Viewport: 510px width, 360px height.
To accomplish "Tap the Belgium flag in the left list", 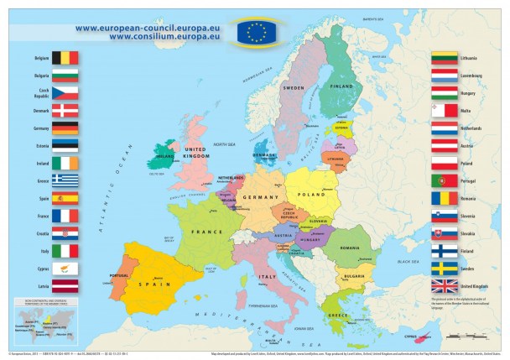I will pyautogui.click(x=65, y=58).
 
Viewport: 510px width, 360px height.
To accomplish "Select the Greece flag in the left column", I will pyautogui.click(x=65, y=180).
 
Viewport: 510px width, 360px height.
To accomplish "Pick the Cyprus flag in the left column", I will pyautogui.click(x=65, y=269).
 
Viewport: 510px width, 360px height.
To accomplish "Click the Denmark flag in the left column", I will pyautogui.click(x=65, y=110).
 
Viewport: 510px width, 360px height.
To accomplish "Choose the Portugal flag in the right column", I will pyautogui.click(x=444, y=180).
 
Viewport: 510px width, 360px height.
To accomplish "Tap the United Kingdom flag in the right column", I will pyautogui.click(x=444, y=285).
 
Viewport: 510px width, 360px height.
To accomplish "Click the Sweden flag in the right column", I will pyautogui.click(x=444, y=268).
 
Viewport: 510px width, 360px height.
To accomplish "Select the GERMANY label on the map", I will pyautogui.click(x=259, y=196).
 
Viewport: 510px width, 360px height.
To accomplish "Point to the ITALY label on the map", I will pyautogui.click(x=268, y=276).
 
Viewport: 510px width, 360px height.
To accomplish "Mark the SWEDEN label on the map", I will pyautogui.click(x=293, y=87).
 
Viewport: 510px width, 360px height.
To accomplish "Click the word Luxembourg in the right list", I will pyautogui.click(x=472, y=76).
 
